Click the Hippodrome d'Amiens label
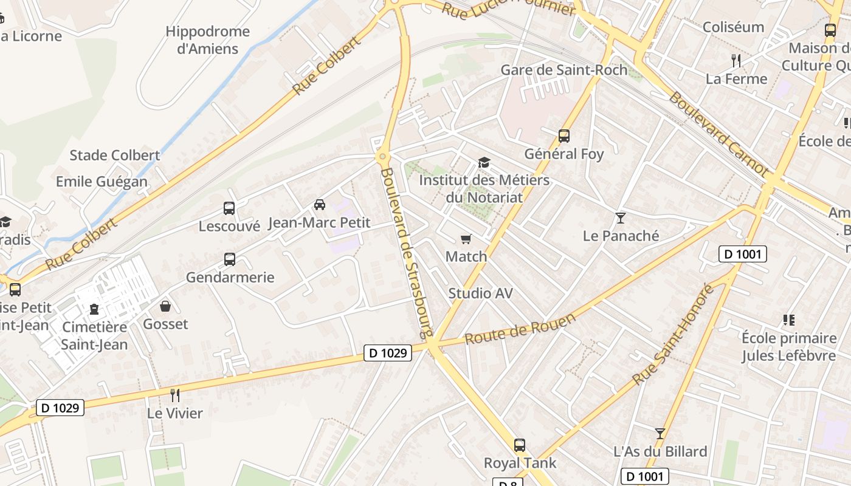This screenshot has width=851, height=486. [x=207, y=40]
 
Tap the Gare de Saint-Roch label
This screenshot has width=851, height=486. [x=563, y=70]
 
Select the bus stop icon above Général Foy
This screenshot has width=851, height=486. [x=564, y=136]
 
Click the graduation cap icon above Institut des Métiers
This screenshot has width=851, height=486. [x=484, y=163]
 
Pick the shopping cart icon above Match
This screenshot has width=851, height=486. [x=466, y=239]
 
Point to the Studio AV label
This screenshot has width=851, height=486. [x=480, y=293]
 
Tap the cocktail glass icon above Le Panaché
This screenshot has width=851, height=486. [x=621, y=217]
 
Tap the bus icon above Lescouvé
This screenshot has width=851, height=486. [x=229, y=208]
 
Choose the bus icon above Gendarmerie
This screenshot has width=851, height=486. [x=230, y=259]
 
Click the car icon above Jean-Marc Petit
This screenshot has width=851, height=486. [x=320, y=205]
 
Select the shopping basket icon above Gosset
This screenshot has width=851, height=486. [x=165, y=306]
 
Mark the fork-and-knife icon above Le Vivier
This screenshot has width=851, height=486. [x=175, y=395]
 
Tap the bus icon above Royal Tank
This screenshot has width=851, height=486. [x=520, y=445]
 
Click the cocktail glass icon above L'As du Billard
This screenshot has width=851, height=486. [x=660, y=434]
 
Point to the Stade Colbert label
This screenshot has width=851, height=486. [x=115, y=155]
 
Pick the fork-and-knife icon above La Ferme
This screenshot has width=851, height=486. [x=736, y=60]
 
